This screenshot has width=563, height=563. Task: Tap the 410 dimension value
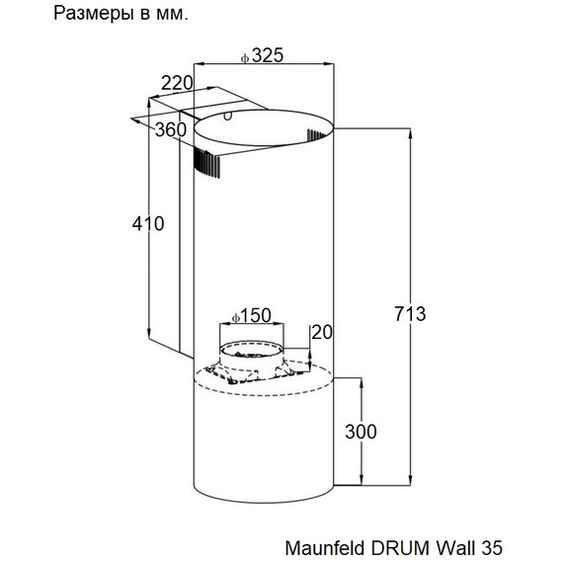coord(147,224)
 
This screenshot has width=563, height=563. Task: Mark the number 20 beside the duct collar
coord(321,332)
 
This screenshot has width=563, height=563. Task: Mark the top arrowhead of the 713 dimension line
coord(411,130)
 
